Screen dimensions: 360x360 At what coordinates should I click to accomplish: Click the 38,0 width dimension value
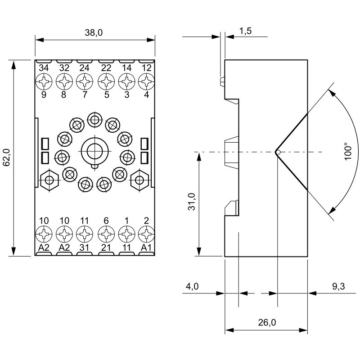point(94,33)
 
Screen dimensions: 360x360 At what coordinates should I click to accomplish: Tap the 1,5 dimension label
point(245,31)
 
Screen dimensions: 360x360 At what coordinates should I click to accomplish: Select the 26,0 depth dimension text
point(267,323)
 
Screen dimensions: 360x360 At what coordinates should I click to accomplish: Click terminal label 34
point(44,68)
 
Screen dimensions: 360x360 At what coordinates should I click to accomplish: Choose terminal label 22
point(106,68)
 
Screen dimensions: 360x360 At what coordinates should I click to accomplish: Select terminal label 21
point(106,248)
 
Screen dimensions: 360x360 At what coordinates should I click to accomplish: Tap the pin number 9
point(44,95)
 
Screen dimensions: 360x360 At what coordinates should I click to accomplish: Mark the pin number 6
point(106,221)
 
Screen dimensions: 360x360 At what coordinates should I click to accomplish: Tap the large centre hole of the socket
point(94,150)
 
